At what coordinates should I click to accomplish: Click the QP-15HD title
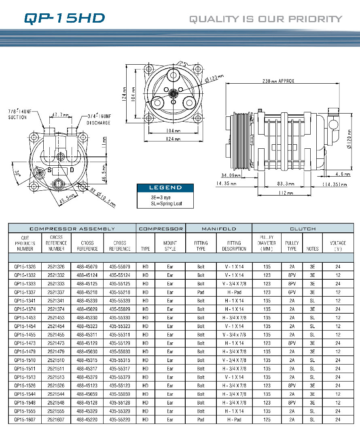(x=64, y=18)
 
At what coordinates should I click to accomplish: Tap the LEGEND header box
(x=165, y=188)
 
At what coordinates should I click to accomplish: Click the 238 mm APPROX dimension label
(x=278, y=81)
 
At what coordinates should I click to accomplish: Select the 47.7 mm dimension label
(x=60, y=115)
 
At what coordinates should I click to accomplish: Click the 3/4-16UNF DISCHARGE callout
(x=99, y=120)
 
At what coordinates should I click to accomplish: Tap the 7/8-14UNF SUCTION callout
(x=18, y=114)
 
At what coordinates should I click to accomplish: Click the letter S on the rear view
(x=49, y=170)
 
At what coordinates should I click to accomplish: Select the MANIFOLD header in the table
(x=218, y=229)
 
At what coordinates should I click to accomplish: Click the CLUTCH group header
(x=303, y=229)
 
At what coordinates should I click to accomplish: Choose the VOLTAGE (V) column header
(x=338, y=246)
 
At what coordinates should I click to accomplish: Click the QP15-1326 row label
(x=25, y=267)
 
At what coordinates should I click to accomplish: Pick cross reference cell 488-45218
(x=87, y=292)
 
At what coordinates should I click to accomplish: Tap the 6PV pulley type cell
(x=292, y=292)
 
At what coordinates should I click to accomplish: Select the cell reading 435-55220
(x=119, y=420)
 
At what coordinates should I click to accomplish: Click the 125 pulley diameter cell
(x=267, y=420)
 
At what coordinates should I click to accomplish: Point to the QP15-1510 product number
(x=25, y=360)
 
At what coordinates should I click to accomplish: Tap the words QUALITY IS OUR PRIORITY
(x=266, y=19)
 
